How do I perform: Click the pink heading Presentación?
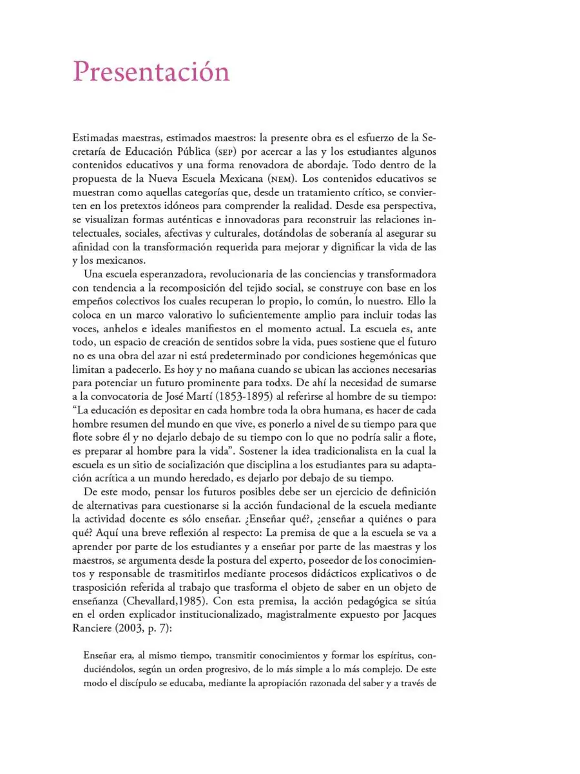click(x=151, y=72)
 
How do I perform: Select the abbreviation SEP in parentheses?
click(x=240, y=151)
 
